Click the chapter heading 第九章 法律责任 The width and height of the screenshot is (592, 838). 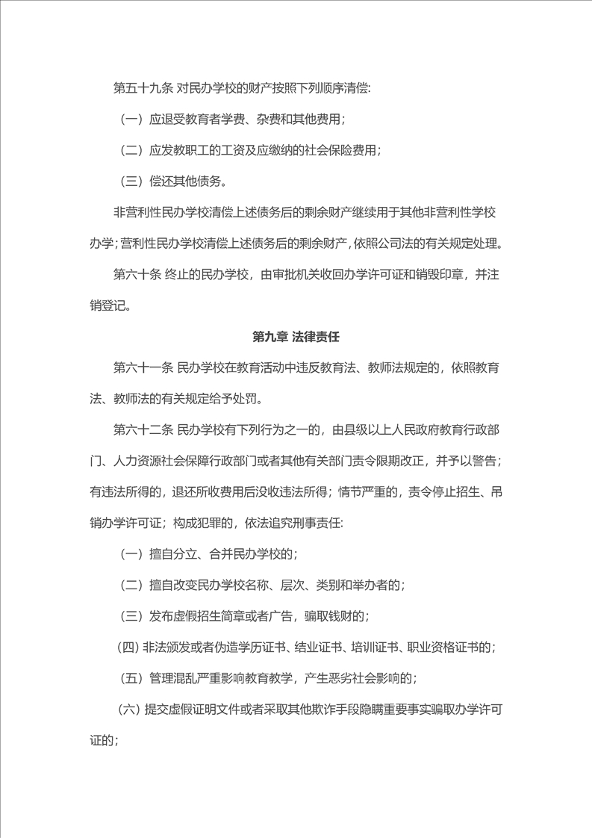296,337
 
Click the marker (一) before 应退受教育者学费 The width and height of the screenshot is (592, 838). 131,120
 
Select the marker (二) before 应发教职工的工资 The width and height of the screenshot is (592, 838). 131,150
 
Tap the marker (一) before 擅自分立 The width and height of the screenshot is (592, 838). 131,554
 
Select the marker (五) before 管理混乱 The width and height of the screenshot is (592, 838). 131,678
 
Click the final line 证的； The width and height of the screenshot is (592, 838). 103,740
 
